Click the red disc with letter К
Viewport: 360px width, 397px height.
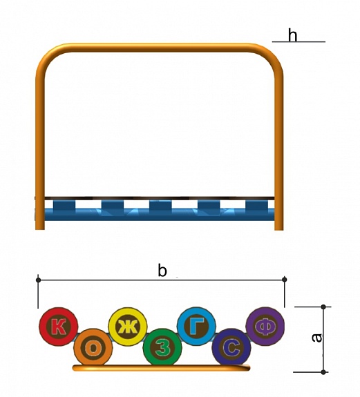(59, 327)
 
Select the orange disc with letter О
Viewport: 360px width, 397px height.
(93, 348)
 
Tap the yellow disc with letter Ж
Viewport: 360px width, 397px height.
(128, 327)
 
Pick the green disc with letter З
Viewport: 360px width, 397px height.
(162, 348)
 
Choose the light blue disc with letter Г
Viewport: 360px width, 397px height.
(197, 327)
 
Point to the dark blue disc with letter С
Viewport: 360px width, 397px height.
(231, 348)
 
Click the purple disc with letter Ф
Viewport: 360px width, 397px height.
(265, 327)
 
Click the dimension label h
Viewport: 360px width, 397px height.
(292, 35)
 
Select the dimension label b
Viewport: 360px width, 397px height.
(162, 270)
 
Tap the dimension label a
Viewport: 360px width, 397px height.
(316, 338)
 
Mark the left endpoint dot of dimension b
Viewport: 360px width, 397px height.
(38, 280)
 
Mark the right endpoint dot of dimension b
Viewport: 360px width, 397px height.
(285, 280)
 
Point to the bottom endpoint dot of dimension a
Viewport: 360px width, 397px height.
(323, 372)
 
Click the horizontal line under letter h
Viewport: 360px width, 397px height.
(299, 42)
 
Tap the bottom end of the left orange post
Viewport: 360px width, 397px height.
(40, 229)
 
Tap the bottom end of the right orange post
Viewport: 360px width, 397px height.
(279, 229)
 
